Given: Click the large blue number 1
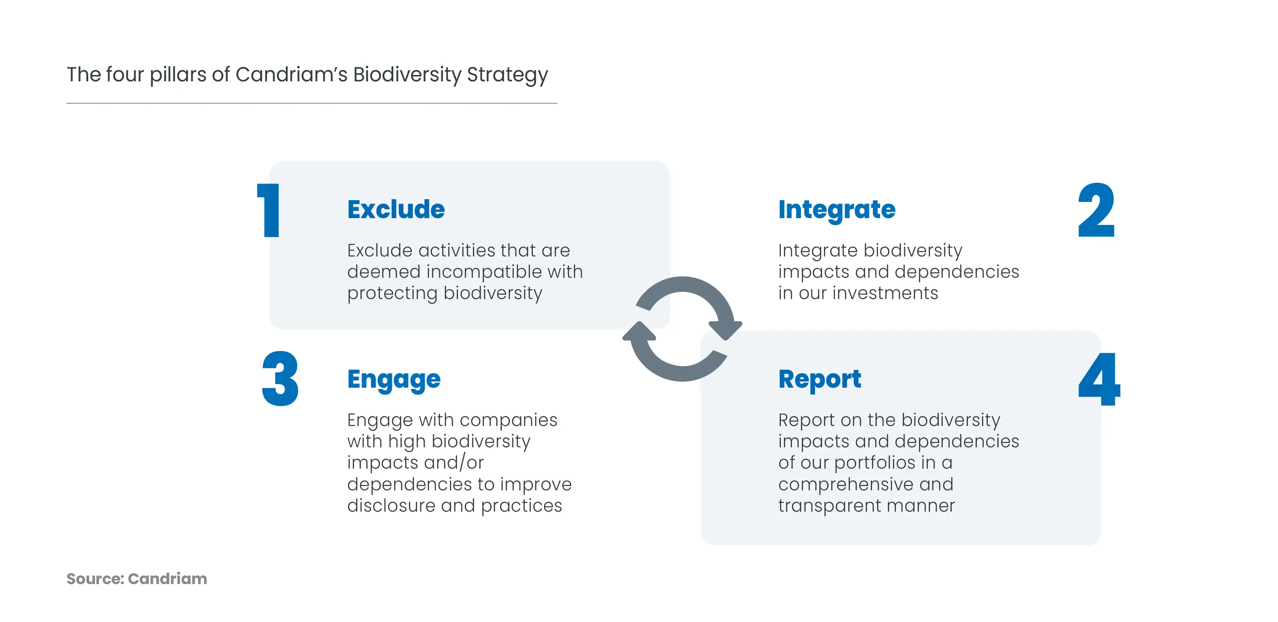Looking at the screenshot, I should point(269,210).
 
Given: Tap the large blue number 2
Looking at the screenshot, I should point(1096,210).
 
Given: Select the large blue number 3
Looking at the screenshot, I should point(280,379).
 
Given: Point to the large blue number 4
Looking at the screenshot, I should point(1100,380).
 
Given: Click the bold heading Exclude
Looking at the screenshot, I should point(396,209).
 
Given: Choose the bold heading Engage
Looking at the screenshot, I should point(394,380).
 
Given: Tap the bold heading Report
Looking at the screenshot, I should point(820,380).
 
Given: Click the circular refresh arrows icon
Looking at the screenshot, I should point(682,329).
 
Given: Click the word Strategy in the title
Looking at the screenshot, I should point(507,75).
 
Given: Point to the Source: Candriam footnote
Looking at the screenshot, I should point(136,579).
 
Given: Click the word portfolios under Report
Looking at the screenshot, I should point(874,463).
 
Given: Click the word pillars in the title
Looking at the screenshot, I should point(178,75).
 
